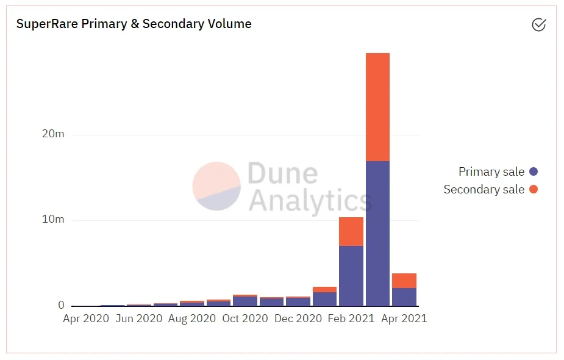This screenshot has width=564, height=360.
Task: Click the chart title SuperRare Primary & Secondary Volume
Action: [134, 24]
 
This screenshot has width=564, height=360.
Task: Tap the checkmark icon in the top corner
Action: [538, 24]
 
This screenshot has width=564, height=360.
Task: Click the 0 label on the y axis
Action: [61, 305]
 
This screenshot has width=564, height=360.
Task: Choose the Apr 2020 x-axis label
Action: [86, 319]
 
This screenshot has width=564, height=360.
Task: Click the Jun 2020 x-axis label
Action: [140, 319]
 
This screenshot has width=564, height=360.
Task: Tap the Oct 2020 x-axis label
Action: [245, 319]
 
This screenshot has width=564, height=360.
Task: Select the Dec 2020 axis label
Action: [299, 319]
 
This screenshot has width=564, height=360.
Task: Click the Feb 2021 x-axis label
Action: [351, 319]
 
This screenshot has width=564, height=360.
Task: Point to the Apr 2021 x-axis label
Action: [404, 319]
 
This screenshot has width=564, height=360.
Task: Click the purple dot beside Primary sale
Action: [534, 172]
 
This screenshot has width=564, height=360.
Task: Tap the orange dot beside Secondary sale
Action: [534, 189]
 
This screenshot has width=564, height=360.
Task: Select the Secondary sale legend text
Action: [484, 189]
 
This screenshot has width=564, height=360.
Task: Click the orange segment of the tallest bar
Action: [377, 107]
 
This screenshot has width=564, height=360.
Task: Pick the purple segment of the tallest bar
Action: [377, 233]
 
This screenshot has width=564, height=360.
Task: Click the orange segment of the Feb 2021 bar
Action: [351, 231]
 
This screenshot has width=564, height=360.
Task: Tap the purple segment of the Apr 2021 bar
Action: [404, 297]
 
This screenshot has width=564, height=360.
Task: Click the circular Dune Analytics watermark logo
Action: [216, 186]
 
